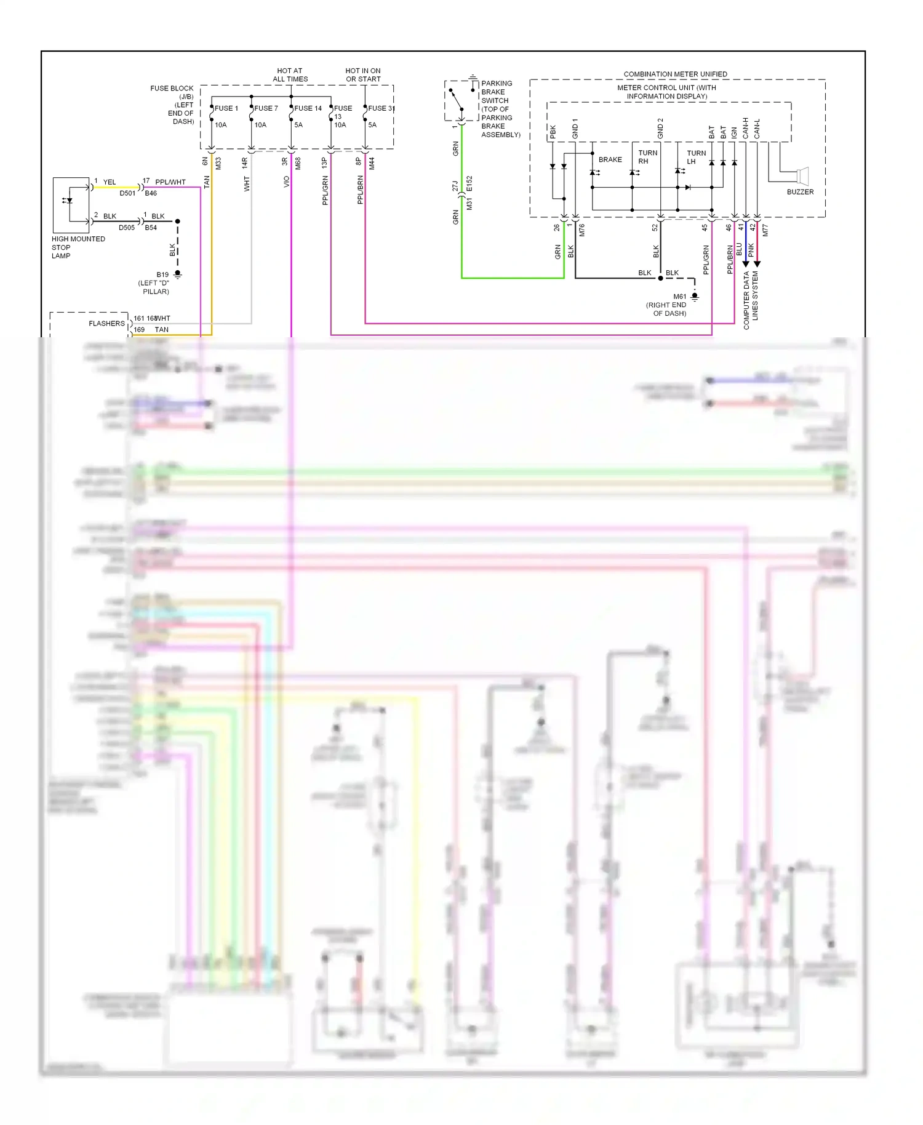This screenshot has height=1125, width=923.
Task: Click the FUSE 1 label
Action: pos(226,108)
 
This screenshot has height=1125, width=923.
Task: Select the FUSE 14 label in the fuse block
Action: pos(308,108)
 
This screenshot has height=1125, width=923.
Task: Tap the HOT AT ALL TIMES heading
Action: pos(290,75)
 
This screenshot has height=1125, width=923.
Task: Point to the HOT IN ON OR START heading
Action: pos(363,75)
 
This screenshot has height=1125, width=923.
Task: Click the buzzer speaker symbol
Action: pos(802,176)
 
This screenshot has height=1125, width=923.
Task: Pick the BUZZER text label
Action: pos(800,192)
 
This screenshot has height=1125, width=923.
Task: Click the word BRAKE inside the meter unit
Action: pos(610,160)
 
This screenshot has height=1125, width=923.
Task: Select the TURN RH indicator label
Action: pos(647,157)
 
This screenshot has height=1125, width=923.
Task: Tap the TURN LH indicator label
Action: pos(695,157)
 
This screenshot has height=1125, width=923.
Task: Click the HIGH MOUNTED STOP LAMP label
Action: pos(78,247)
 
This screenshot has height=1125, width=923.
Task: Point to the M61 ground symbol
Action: pos(695,297)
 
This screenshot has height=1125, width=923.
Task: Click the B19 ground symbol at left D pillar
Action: pos(178,274)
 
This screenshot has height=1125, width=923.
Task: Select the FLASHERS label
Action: pos(106,324)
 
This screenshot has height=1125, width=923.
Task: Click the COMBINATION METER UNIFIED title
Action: pos(675,74)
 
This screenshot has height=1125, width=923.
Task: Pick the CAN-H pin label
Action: pos(745,128)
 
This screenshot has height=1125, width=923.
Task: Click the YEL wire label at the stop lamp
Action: pos(110,182)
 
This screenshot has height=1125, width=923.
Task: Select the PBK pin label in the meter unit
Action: pos(553,132)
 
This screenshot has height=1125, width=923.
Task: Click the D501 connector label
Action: pos(127,193)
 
